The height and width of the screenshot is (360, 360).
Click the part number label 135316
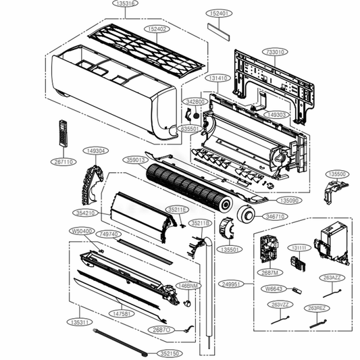(125, 4)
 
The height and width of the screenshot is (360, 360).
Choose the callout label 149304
(95, 151)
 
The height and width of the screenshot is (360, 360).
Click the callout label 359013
(136, 160)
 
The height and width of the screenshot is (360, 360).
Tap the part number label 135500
(337, 174)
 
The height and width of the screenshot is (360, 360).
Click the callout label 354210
(87, 213)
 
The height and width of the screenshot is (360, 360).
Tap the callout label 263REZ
(316, 308)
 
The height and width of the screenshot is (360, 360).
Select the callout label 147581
(122, 314)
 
